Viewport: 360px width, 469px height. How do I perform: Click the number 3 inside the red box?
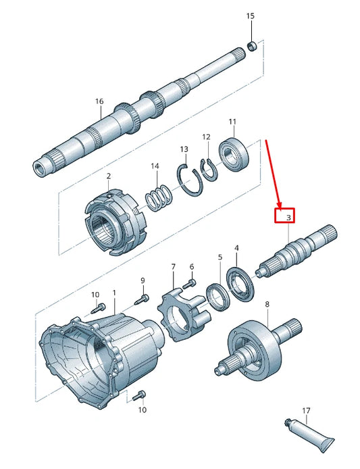288,218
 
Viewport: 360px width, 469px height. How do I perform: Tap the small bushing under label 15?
251,46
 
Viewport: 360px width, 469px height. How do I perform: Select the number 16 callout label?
99,101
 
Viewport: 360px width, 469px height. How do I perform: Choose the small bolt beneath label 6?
192,282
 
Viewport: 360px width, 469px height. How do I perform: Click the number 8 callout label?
267,304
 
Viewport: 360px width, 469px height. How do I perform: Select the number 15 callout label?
251,15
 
